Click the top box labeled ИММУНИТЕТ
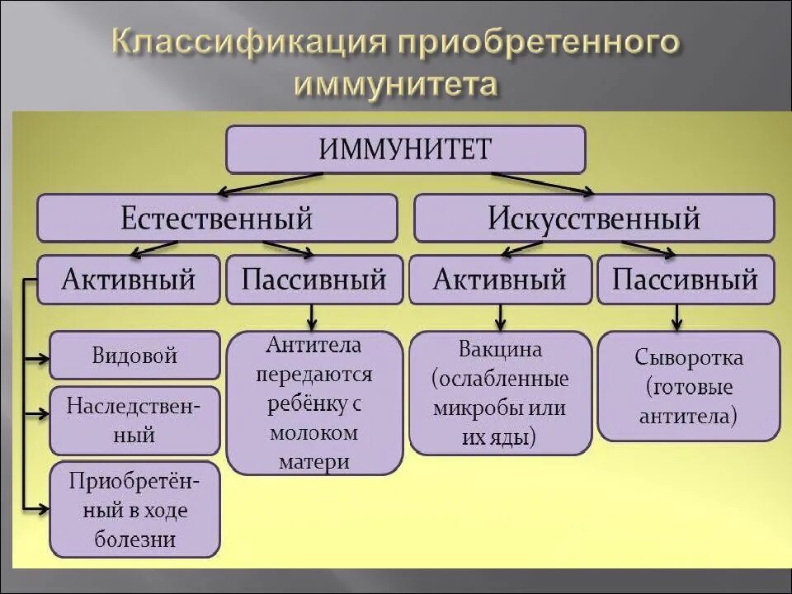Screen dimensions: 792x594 [x=405, y=149]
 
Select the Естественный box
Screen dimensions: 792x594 [x=217, y=218]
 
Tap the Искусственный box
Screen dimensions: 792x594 [x=594, y=218]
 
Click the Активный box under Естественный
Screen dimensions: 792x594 [x=129, y=280]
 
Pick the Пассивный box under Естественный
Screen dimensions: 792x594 [x=313, y=280]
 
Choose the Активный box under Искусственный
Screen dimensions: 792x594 [x=500, y=280]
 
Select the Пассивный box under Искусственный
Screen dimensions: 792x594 [x=685, y=280]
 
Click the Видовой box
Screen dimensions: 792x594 [x=134, y=356]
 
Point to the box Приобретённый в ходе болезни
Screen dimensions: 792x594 [x=134, y=509]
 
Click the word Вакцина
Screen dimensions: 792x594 [x=500, y=349]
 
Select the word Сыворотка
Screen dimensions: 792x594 [x=689, y=357]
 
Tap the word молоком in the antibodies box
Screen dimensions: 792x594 [x=313, y=432]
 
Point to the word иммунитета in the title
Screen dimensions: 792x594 [x=396, y=84]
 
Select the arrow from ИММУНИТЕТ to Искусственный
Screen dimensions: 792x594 [x=540, y=183]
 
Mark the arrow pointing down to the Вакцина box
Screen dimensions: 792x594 [x=500, y=317]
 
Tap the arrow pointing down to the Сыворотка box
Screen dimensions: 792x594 [x=676, y=317]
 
